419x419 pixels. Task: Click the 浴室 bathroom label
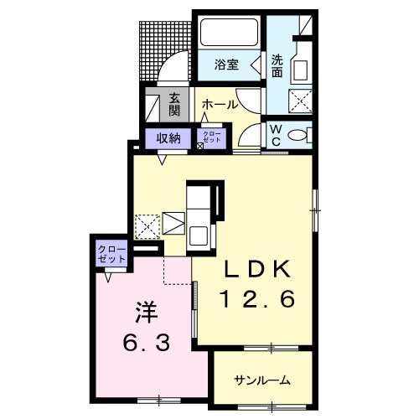pos(226,65)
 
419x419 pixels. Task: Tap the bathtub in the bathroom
pos(229,32)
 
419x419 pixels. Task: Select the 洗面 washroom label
pos(277,66)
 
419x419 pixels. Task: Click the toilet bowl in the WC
pos(297,135)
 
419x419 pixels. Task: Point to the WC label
pos(276,135)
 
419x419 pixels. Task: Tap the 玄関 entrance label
pos(174,105)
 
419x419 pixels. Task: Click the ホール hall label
pos(220,105)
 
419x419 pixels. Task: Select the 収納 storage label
pos(168,138)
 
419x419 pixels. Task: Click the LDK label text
pos(257,270)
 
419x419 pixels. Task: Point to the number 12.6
pos(258,299)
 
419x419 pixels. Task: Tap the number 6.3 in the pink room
pos(147,343)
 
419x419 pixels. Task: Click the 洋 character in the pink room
pos(147,313)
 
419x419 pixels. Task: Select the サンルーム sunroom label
pos(262,380)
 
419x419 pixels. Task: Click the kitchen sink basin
pos(199,235)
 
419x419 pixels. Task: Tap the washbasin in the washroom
pos(300,70)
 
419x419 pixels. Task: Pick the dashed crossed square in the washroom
pos(300,101)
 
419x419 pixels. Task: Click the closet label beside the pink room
pos(111,254)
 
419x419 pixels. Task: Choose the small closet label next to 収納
pos(212,137)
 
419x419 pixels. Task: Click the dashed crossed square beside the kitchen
pos(147,227)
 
